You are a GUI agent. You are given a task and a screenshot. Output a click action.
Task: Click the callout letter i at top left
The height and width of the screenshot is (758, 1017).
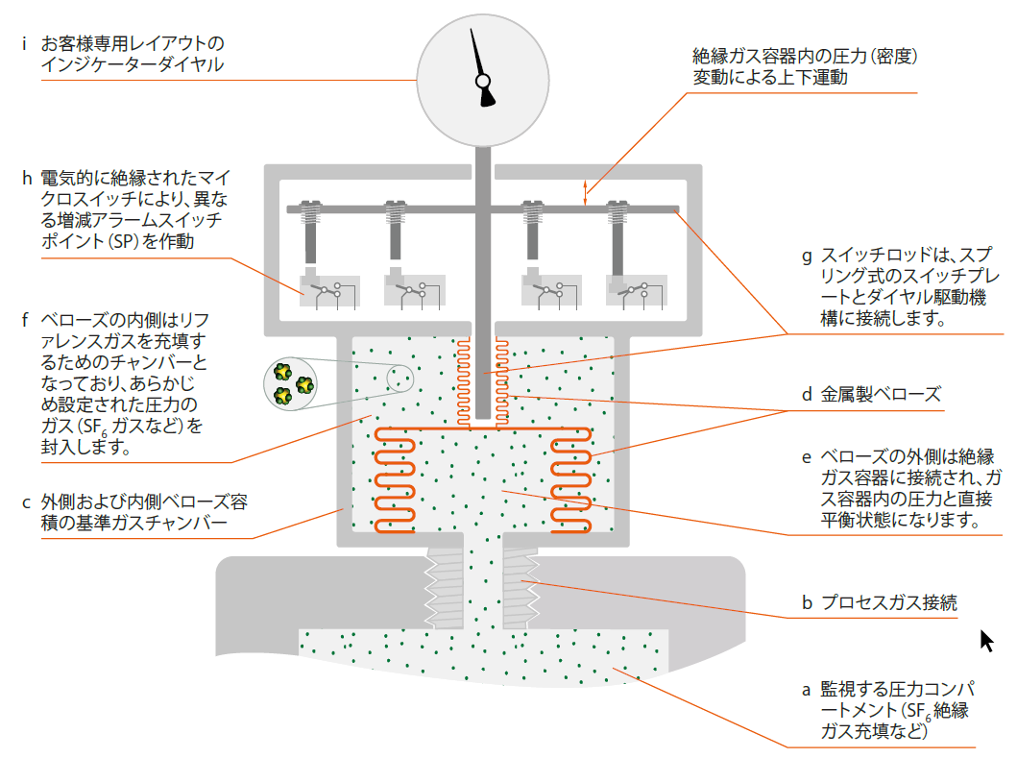25,43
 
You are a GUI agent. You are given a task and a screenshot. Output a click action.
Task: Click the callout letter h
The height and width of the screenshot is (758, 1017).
27,179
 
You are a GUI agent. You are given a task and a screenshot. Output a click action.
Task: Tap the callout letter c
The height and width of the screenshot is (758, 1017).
26,501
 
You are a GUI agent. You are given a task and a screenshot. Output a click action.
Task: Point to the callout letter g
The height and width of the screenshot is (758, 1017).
807,257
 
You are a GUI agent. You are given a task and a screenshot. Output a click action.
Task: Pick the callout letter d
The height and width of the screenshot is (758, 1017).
807,395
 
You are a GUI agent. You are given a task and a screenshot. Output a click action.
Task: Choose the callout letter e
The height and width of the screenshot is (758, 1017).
807,455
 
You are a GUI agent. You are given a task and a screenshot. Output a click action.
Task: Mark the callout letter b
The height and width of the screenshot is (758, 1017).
807,603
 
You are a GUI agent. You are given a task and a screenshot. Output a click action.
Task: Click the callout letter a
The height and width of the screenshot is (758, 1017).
807,690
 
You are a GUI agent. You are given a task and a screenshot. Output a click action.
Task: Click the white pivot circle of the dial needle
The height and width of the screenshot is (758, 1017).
482,80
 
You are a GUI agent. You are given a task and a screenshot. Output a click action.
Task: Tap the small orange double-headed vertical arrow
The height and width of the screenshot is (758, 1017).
585,193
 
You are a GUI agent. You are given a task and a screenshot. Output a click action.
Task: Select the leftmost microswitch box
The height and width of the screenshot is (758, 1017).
328,291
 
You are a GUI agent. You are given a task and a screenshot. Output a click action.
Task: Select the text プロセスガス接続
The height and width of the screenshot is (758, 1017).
888,603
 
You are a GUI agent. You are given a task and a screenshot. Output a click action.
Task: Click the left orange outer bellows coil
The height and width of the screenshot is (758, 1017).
395,481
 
